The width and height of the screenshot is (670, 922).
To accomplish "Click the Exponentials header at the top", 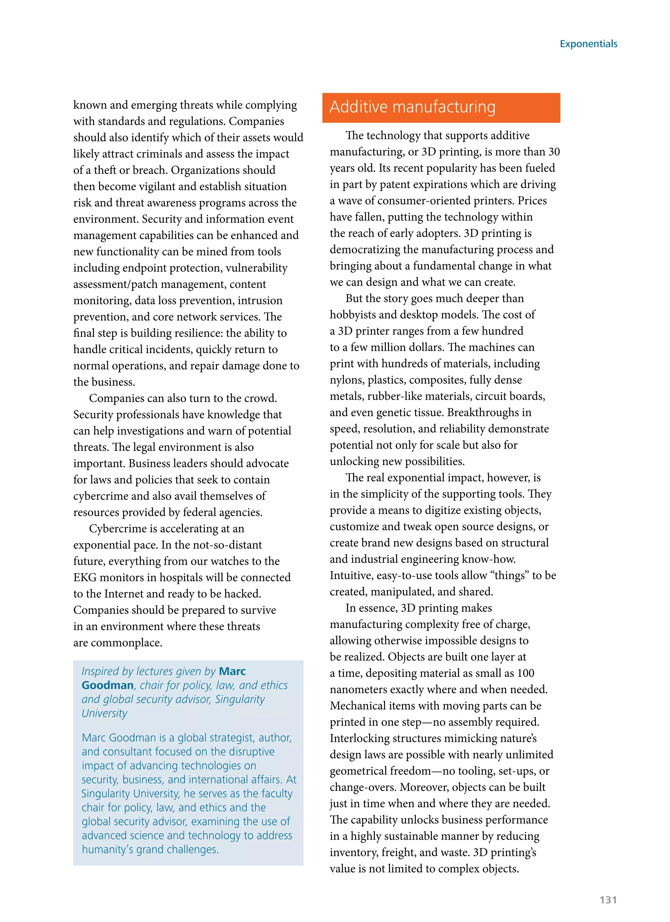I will (588, 44).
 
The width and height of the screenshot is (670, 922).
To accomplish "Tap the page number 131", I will (608, 900).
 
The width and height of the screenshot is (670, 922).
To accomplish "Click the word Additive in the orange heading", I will (358, 107).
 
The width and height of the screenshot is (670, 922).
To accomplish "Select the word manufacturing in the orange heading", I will (444, 107).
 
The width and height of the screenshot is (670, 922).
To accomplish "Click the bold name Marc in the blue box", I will (232, 671).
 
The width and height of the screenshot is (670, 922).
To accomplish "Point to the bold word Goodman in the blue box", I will (107, 685).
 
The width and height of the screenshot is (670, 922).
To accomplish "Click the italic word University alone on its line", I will (104, 713).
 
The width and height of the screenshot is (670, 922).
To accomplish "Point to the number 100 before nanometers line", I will (525, 673).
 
